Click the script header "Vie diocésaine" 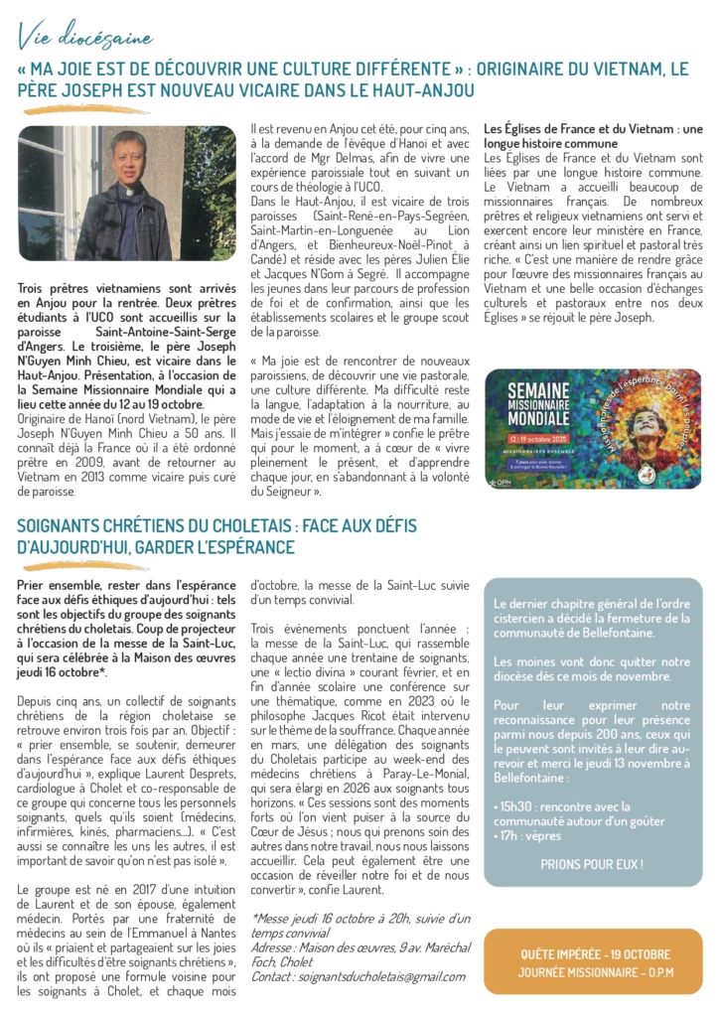tap(85, 38)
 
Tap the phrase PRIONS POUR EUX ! tap(592, 864)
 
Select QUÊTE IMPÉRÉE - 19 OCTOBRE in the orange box tap(594, 954)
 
